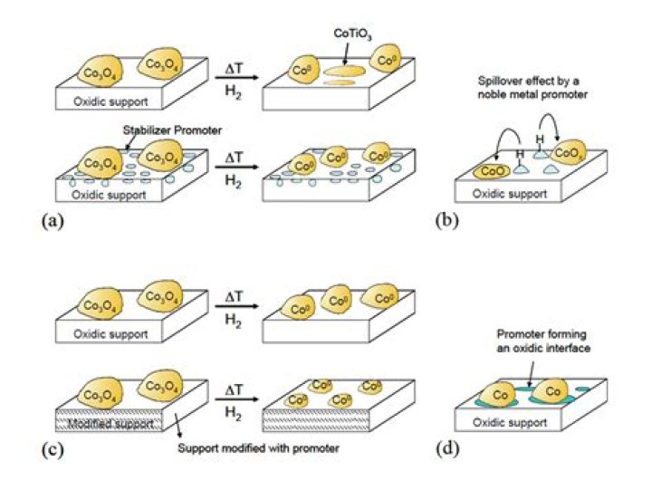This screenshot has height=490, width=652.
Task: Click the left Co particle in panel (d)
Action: [497, 396]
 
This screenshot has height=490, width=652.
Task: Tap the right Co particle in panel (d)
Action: [551, 393]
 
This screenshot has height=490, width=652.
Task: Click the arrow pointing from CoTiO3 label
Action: [350, 51]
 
